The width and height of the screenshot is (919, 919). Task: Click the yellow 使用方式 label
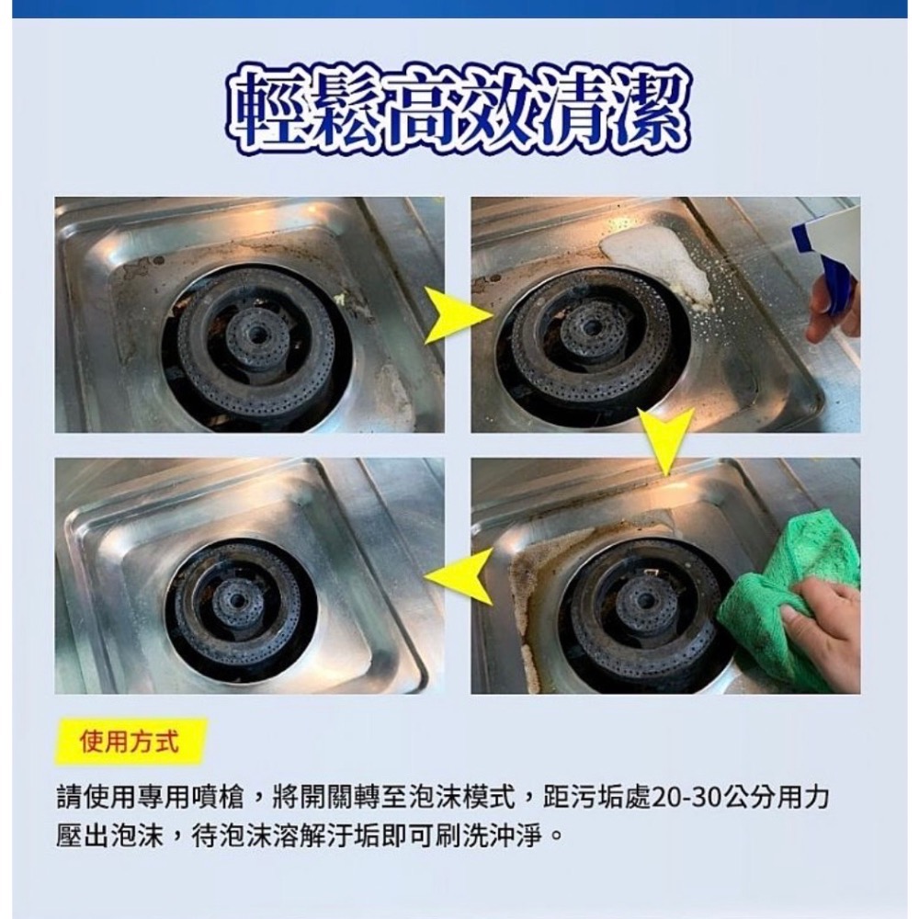130,741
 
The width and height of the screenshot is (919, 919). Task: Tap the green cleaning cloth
790,588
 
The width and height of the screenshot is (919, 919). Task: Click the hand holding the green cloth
827,634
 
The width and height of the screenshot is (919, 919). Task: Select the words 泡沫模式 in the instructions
469,797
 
